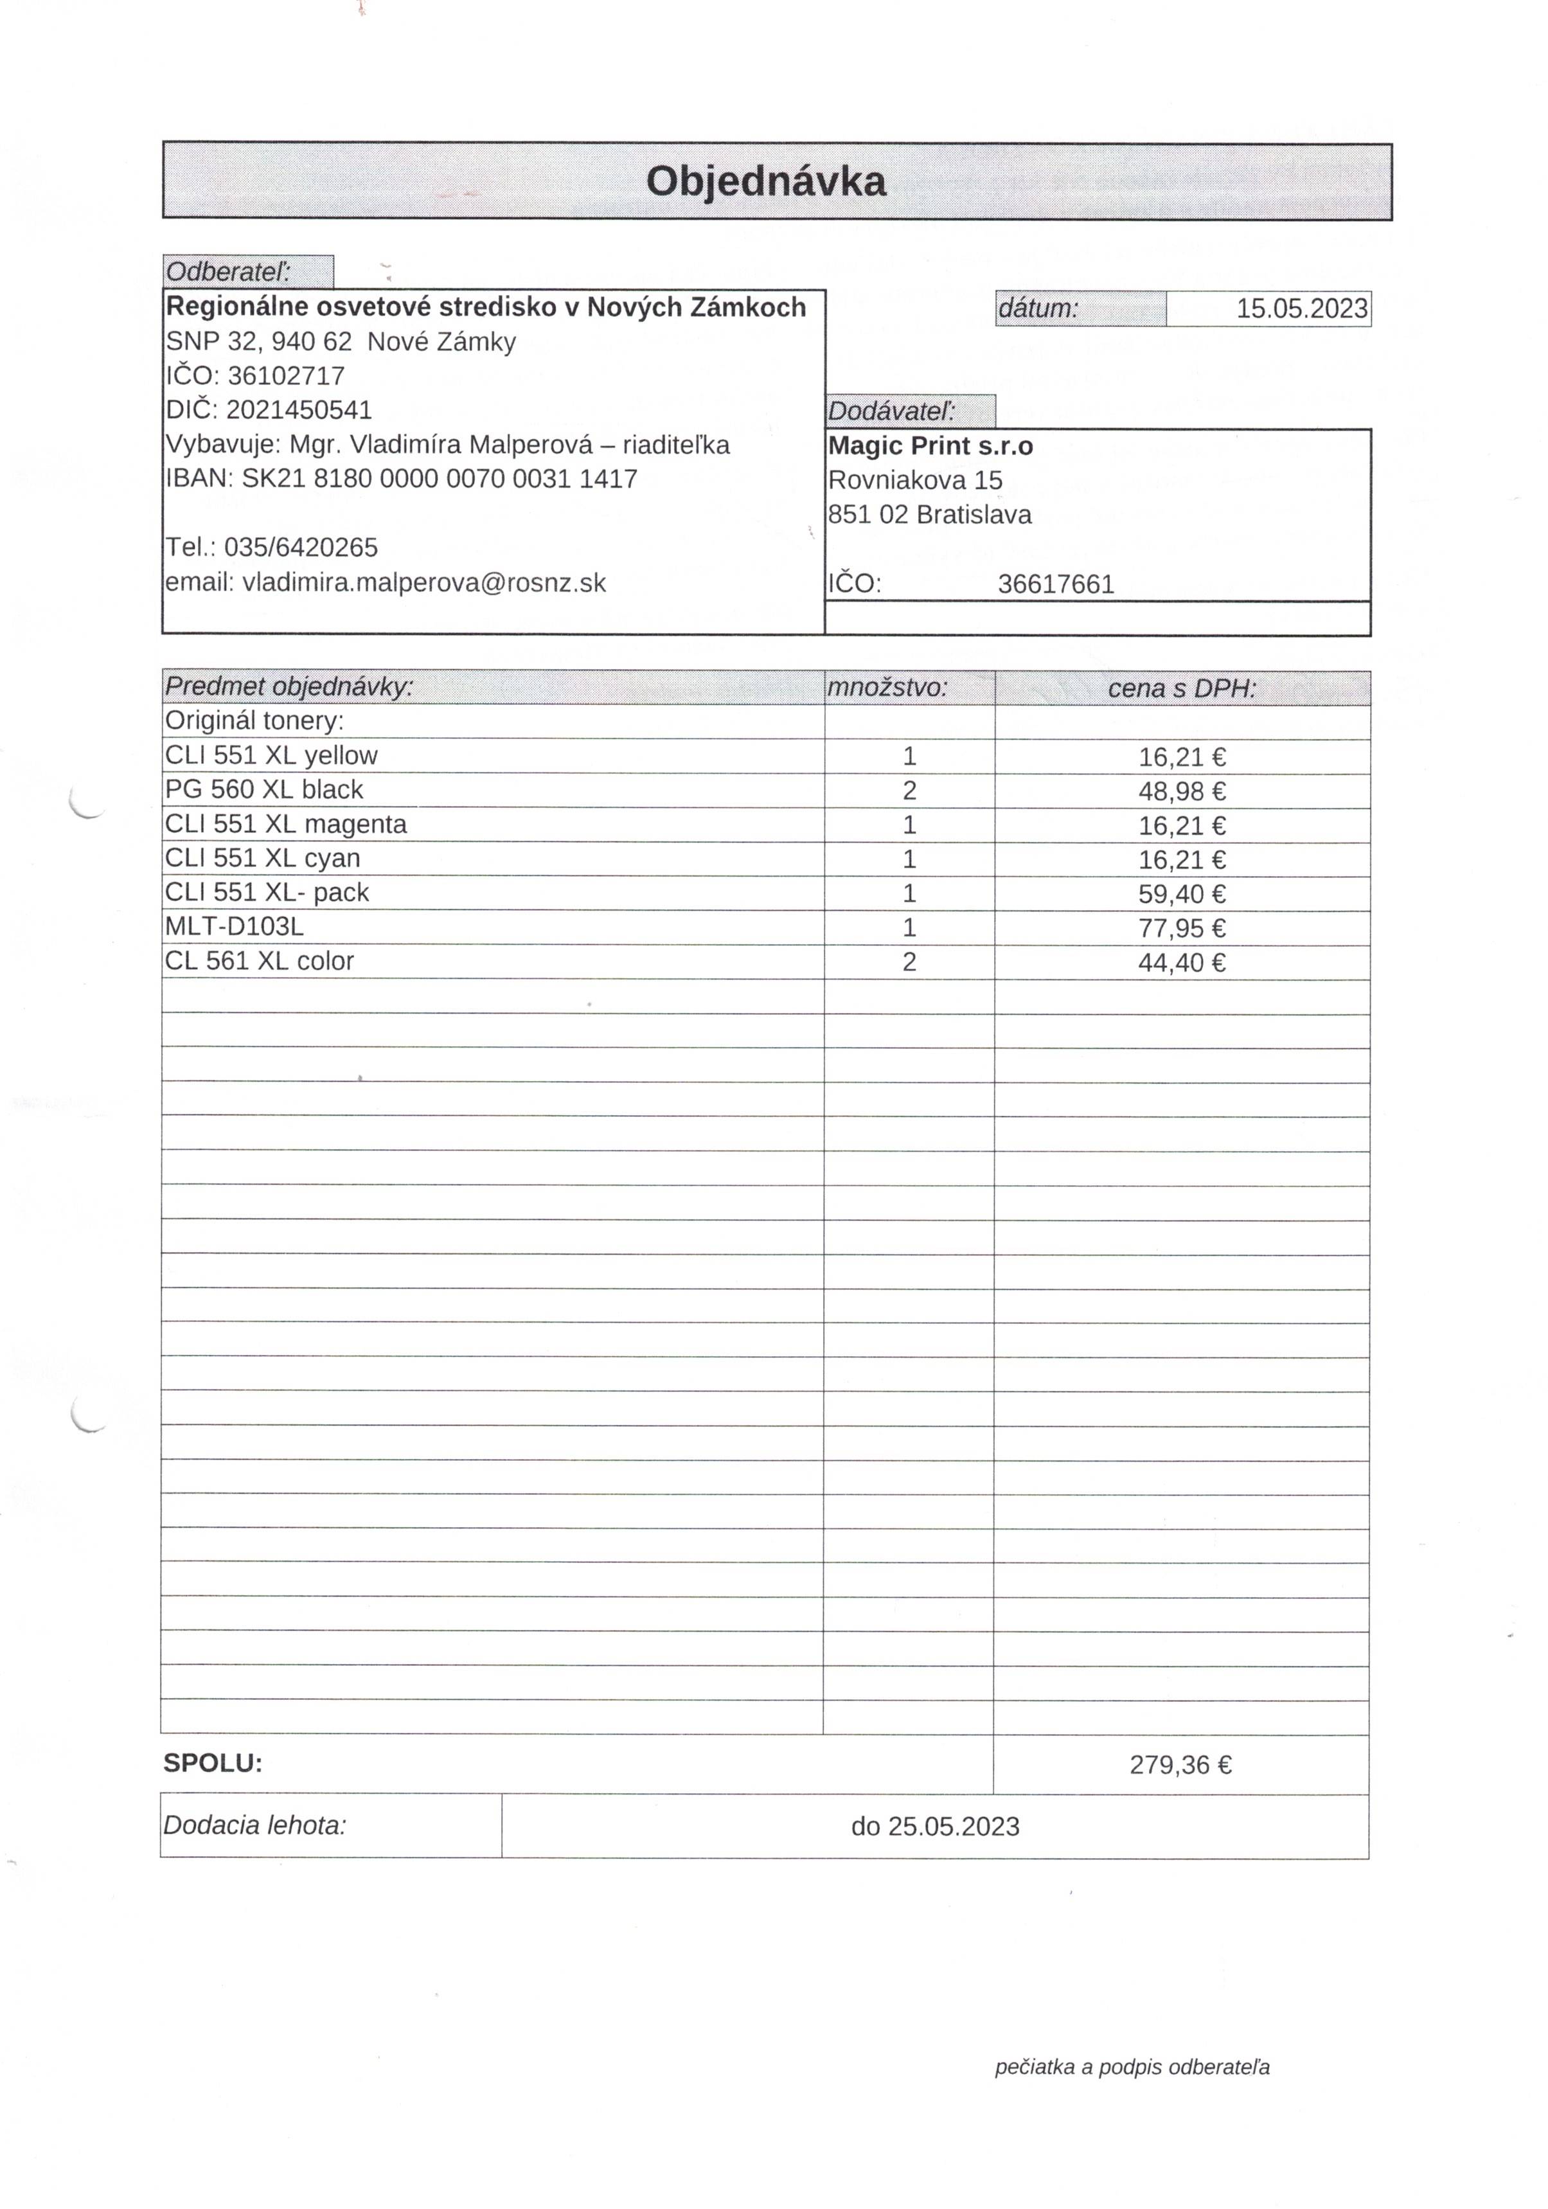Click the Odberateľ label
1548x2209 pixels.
pos(228,273)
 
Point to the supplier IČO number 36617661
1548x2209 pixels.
pos(1055,585)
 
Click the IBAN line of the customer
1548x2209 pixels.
pos(401,479)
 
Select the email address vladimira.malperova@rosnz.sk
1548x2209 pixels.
pos(423,583)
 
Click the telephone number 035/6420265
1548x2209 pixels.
pos(300,548)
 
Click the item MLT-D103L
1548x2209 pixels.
pos(235,927)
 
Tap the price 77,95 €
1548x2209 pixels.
pos(1182,929)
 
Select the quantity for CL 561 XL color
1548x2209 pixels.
pos(909,962)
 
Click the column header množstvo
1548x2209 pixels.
pos(887,688)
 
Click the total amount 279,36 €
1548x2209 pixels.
pos(1180,1764)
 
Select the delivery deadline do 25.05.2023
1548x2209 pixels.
pos(934,1826)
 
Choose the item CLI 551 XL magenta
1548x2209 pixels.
pos(286,825)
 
